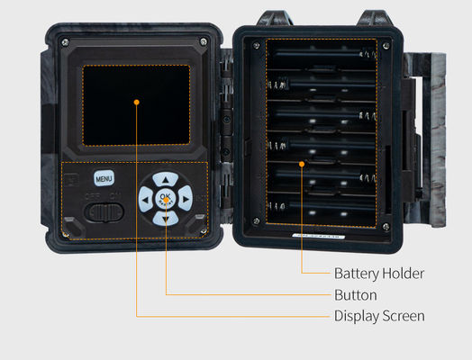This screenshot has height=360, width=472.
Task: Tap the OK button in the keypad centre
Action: pyautogui.click(x=165, y=199)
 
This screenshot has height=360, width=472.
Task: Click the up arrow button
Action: pyautogui.click(x=165, y=179)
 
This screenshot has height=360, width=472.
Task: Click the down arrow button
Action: pyautogui.click(x=165, y=219)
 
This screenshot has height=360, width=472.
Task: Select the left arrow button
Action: pyautogui.click(x=146, y=199)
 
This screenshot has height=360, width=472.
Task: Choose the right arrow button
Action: pyautogui.click(x=186, y=199)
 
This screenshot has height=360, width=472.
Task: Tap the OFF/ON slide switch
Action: pyautogui.click(x=104, y=212)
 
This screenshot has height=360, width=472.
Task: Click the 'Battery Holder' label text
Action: pyautogui.click(x=379, y=274)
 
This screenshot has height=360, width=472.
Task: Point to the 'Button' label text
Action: pyautogui.click(x=356, y=295)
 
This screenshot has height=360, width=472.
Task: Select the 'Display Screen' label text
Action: pyautogui.click(x=379, y=317)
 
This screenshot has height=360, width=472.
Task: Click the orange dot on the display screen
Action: pyautogui.click(x=136, y=103)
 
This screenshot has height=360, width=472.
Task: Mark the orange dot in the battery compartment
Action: pyautogui.click(x=302, y=164)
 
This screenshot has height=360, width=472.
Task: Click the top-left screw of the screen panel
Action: pyautogui.click(x=65, y=41)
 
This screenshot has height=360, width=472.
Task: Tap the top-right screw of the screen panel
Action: pyautogui.click(x=204, y=40)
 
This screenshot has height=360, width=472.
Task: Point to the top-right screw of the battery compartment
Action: pyautogui.click(x=386, y=46)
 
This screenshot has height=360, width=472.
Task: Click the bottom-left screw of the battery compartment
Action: pyautogui.click(x=257, y=221)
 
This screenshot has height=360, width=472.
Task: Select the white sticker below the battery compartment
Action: pyautogui.click(x=319, y=237)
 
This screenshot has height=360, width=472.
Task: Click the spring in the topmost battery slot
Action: pyautogui.click(x=368, y=54)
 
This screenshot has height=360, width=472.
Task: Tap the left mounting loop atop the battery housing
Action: pyautogui.click(x=274, y=18)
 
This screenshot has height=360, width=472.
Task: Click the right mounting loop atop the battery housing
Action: pyautogui.click(x=375, y=18)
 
